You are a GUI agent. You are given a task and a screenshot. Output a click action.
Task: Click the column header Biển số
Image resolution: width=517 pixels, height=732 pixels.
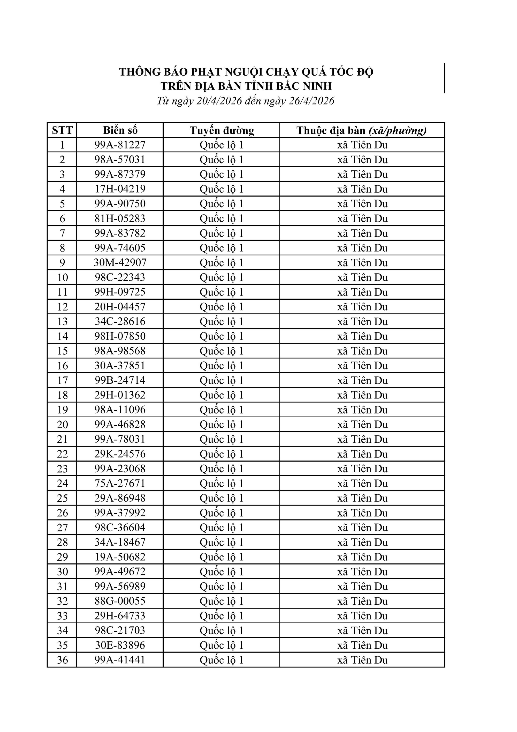(x=120, y=130)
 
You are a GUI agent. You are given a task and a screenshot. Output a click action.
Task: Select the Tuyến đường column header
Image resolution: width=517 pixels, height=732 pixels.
(x=222, y=130)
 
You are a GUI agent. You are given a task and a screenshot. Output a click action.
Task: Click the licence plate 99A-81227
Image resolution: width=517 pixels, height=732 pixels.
(x=120, y=145)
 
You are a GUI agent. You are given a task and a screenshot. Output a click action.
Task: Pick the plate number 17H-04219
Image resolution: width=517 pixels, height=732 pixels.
(x=120, y=189)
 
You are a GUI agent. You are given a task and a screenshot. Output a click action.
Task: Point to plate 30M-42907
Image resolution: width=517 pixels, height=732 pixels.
(x=120, y=263)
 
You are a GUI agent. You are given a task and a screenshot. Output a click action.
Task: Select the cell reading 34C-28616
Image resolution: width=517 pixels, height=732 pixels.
(x=120, y=321)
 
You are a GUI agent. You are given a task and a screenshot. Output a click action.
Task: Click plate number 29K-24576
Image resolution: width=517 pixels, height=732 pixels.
(x=120, y=454)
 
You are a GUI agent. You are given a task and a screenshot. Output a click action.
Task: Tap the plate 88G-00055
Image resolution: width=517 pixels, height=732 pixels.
(x=120, y=601)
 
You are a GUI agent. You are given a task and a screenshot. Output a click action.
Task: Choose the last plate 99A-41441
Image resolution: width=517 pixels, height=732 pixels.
(x=120, y=660)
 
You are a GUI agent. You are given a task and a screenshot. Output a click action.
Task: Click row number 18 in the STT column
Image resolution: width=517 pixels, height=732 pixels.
(x=63, y=395)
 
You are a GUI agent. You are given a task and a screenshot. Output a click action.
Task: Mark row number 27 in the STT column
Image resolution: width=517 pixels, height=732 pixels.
(x=63, y=528)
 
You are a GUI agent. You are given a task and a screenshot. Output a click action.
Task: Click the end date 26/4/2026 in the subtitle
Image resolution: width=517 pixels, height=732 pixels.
(x=311, y=101)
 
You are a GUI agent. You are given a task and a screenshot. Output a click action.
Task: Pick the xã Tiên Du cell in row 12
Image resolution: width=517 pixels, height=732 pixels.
(x=362, y=307)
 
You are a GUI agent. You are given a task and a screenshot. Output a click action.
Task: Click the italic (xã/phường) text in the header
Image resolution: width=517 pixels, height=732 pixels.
(x=397, y=130)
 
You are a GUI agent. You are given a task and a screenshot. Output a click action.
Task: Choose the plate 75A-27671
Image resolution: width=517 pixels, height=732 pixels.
(x=120, y=483)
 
